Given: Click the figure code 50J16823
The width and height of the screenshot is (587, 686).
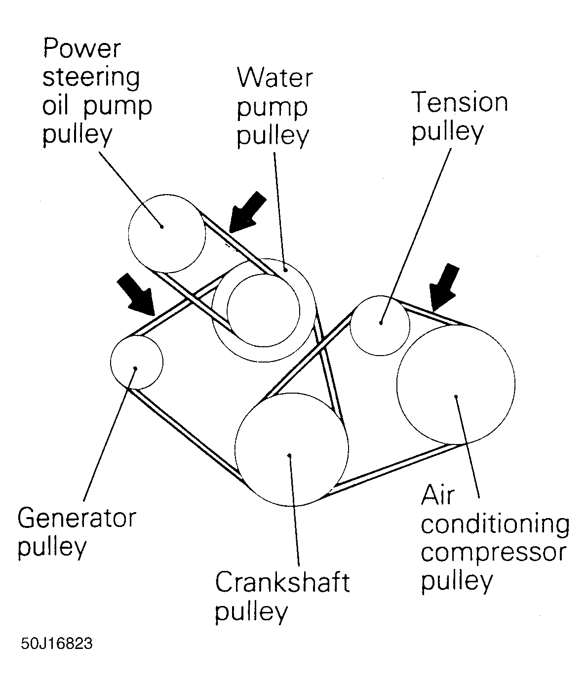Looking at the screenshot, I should click(x=57, y=645).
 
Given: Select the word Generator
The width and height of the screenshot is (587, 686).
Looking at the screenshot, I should click(x=77, y=519).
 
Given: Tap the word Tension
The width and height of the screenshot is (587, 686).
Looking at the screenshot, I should click(x=459, y=102).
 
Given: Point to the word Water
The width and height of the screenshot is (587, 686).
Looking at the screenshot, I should click(x=274, y=78).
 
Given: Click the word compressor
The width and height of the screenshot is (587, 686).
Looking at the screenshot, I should click(x=493, y=553).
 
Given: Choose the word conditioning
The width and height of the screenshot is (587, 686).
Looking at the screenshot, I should click(x=495, y=525).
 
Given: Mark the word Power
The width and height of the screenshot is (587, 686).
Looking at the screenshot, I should click(x=82, y=48).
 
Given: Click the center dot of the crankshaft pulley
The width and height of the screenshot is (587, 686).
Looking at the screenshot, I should click(x=290, y=455).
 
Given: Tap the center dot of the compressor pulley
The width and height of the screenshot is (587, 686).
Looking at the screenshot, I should click(x=457, y=396).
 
